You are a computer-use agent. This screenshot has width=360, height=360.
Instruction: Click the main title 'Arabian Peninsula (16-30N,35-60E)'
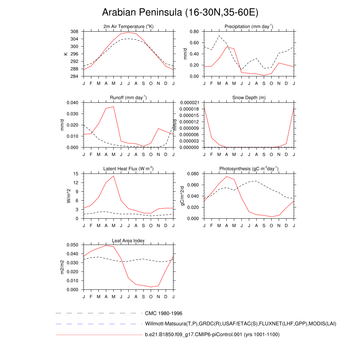click(x=180, y=13)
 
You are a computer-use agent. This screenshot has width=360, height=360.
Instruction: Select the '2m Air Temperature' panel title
click(x=129, y=27)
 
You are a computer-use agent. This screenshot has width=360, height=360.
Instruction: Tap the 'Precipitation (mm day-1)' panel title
click(x=249, y=27)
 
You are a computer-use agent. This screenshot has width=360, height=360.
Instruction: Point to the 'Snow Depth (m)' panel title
click(x=249, y=98)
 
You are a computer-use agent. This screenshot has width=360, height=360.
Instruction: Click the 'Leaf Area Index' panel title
click(x=128, y=240)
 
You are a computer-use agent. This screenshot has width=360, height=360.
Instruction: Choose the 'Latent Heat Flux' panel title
click(x=128, y=169)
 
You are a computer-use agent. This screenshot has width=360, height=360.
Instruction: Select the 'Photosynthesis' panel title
click(x=249, y=169)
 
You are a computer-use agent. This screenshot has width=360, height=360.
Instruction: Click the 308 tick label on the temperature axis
click(x=74, y=32)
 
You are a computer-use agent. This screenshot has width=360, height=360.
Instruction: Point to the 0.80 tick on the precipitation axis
click(x=194, y=32)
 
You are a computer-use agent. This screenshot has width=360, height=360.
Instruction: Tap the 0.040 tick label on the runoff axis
click(x=73, y=103)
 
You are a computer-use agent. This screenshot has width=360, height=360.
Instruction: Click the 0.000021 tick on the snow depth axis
click(x=190, y=103)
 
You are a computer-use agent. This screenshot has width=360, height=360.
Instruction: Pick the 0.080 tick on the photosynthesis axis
click(x=193, y=174)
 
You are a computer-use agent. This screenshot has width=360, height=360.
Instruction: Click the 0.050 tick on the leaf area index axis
click(x=73, y=245)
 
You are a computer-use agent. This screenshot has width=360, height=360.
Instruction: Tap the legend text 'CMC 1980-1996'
click(x=163, y=313)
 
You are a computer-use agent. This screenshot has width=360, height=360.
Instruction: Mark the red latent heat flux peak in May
click(x=114, y=176)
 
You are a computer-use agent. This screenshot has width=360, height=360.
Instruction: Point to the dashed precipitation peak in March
click(x=219, y=36)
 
